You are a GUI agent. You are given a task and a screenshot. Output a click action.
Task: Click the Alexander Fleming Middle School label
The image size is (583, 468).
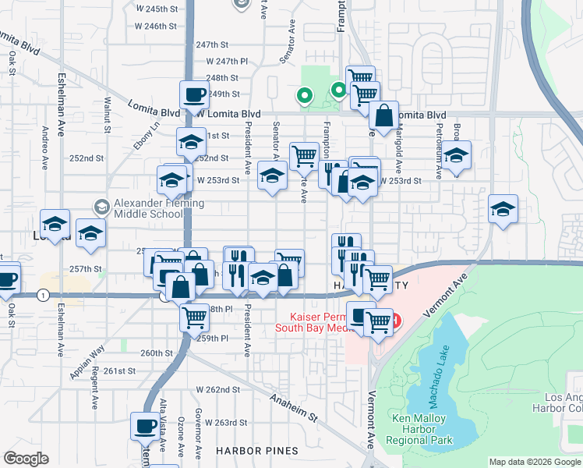(x=160, y=209)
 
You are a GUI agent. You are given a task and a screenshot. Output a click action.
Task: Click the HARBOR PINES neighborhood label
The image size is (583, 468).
(x=257, y=451)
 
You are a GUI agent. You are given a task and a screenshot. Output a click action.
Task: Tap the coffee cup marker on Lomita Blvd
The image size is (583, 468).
(x=194, y=96)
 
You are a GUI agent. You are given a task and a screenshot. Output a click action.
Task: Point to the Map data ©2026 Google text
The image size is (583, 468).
(x=535, y=462)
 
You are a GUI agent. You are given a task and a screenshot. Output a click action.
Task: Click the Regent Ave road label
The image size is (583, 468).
(x=93, y=389)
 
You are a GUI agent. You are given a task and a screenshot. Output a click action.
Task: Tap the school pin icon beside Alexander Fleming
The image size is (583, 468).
(x=101, y=207)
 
